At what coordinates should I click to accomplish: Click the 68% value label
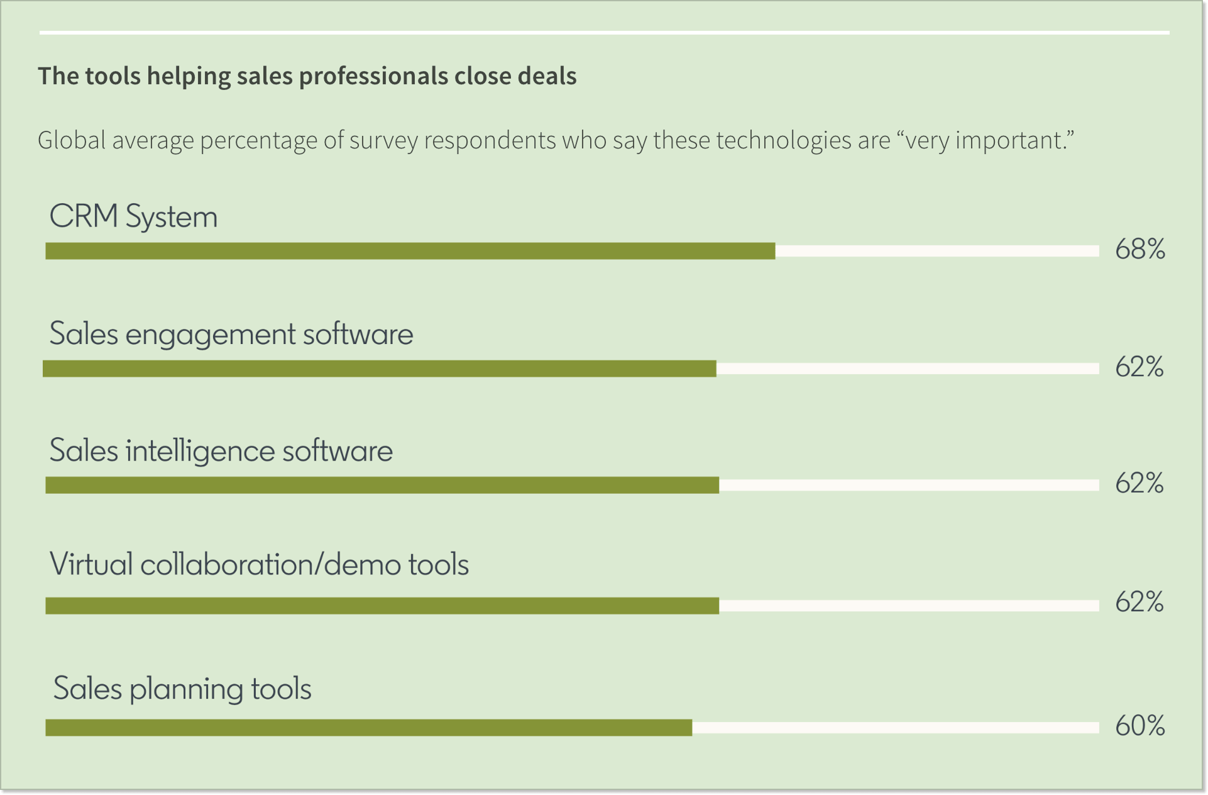click(1139, 250)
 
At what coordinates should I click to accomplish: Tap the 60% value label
click(1139, 726)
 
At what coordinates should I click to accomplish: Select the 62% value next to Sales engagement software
click(1139, 367)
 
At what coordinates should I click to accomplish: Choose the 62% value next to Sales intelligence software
click(1139, 484)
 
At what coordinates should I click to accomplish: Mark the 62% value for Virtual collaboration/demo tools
click(1139, 603)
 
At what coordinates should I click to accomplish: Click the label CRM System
click(133, 216)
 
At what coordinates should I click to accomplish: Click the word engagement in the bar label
click(210, 335)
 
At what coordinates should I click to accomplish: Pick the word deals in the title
click(547, 76)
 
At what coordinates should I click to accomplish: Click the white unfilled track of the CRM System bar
click(936, 251)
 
